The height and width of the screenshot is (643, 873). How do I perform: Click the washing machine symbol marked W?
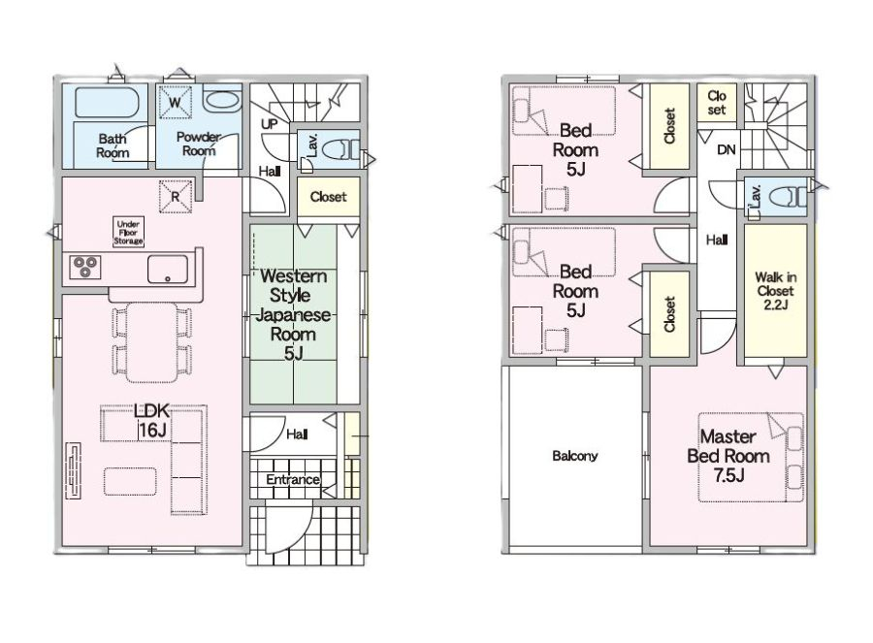pos(176,102)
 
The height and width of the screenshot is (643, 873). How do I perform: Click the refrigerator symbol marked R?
pos(176,196)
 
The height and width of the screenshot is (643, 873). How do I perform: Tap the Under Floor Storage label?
pos(128,232)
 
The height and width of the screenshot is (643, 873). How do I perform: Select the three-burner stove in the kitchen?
pos(85,267)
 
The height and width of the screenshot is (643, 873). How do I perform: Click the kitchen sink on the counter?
pos(168,270)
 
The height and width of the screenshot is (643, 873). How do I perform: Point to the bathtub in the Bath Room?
pos(106,102)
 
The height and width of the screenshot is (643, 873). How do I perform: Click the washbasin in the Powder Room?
pos(221,101)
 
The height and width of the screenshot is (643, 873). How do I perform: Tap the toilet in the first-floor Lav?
pos(341,149)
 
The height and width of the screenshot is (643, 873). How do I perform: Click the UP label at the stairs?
pos(270,123)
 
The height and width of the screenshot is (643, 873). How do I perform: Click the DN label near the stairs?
pos(726,149)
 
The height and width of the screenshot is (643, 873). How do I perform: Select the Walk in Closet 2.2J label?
pos(776,291)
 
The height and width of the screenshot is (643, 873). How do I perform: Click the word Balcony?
pos(575,456)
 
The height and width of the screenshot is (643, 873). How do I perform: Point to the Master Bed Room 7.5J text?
pos(728,456)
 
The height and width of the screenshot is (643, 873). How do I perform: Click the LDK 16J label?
pos(152,420)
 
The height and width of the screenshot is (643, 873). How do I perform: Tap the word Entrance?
pos(293,479)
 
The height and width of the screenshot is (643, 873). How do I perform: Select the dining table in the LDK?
pos(152,341)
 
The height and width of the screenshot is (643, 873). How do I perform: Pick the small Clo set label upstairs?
pos(717,103)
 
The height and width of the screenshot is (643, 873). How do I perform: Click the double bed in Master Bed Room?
pos(751,457)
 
